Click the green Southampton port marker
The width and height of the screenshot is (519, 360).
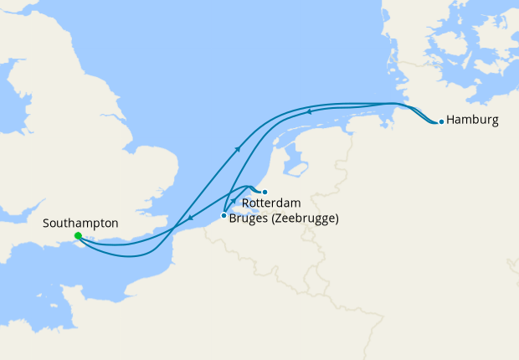coord(77,236)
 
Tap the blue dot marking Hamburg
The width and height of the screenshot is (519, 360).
coord(441,121)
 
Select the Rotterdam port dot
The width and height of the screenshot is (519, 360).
coord(265,192)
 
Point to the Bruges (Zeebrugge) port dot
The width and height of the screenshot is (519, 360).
coord(223,216)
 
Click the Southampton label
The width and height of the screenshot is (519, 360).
coord(80,224)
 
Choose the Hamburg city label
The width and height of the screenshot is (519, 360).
coord(473,120)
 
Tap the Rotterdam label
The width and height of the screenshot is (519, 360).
coord(270,203)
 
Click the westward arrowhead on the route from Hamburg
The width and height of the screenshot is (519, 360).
coord(308,111)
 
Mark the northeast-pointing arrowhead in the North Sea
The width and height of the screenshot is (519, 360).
coord(239,149)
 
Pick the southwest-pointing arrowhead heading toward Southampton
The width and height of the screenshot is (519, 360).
coord(189,219)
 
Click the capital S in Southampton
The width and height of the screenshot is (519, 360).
coord(46,224)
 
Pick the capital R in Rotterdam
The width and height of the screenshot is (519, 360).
coord(245,203)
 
